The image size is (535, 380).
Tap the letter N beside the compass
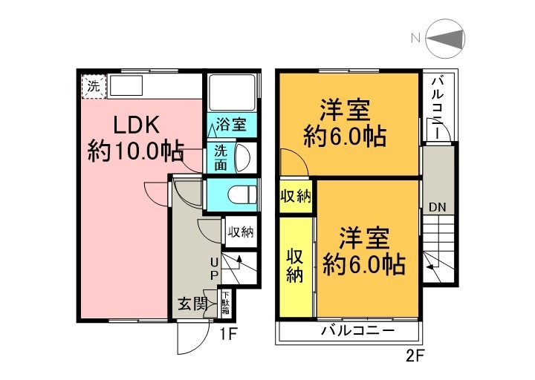click(x=417, y=37)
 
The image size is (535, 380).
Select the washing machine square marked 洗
click(x=93, y=85)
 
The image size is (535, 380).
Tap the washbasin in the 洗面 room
click(x=242, y=157)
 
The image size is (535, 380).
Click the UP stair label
click(x=213, y=268)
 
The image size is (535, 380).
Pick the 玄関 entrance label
click(x=191, y=304)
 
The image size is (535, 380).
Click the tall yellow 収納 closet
click(x=295, y=265)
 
